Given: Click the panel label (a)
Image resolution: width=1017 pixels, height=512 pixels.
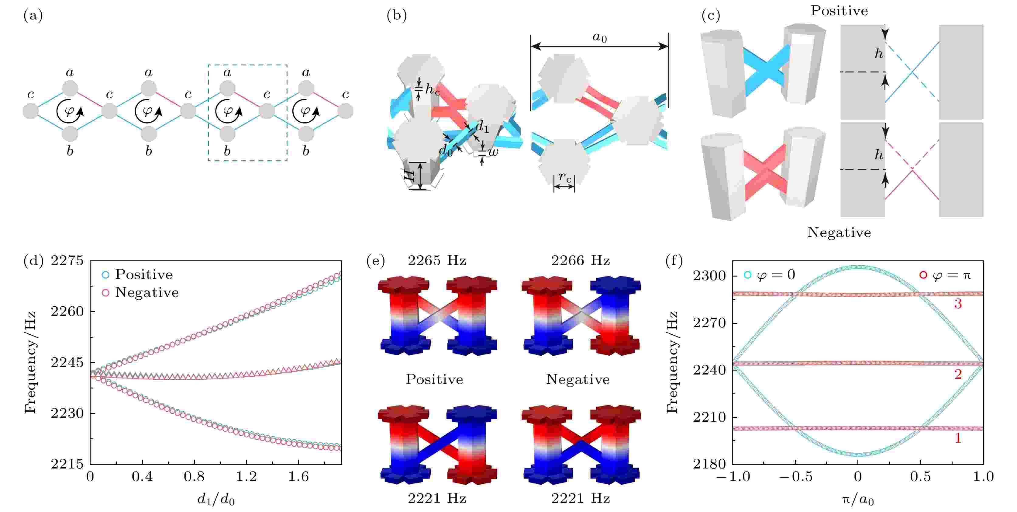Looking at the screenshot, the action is click(33, 16).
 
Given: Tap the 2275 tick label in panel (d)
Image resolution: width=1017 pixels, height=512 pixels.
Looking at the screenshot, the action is click(67, 261).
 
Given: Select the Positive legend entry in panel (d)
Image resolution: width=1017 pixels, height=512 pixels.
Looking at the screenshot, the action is click(137, 274).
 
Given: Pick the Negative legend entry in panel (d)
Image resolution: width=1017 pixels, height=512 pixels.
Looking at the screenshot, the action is click(140, 292).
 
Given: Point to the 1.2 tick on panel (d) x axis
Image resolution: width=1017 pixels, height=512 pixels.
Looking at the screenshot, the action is click(246, 476).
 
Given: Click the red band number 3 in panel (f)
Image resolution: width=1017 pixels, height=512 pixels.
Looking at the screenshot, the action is click(958, 304).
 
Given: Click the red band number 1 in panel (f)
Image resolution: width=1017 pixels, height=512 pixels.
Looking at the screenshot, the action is click(958, 438).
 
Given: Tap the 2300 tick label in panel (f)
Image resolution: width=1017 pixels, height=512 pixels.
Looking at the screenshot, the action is click(709, 275).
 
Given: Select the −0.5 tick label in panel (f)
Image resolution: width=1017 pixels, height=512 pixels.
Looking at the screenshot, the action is click(795, 476).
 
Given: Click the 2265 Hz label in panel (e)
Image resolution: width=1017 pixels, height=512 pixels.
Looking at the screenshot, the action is click(437, 261).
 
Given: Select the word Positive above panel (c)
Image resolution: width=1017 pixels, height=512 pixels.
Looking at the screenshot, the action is click(839, 11).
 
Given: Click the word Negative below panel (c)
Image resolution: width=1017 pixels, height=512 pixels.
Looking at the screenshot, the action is click(839, 232).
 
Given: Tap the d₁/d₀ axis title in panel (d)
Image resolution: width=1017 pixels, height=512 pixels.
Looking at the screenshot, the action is click(216, 499).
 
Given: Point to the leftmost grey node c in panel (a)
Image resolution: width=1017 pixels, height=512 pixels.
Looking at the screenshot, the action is click(31, 111).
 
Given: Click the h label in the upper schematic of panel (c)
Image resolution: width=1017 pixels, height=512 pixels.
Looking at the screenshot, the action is click(879, 53).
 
